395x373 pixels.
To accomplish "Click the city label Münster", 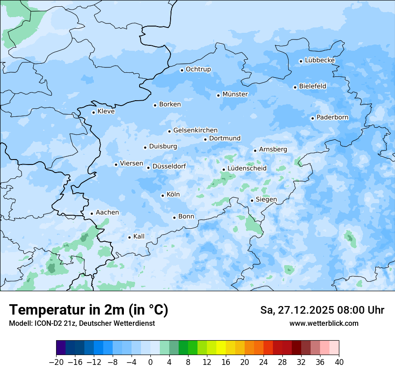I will tap(235, 94).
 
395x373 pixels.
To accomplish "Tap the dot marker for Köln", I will tap(162, 195).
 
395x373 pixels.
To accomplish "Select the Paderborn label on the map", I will tap(332, 118).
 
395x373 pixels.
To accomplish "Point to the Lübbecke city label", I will tap(320, 60).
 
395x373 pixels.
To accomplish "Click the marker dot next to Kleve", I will tap(93, 112).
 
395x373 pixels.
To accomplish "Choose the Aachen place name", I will tap(107, 213).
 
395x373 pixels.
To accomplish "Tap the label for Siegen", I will tap(266, 200).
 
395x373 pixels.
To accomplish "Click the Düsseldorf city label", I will tap(169, 167).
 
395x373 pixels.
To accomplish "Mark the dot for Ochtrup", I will tap(182, 70).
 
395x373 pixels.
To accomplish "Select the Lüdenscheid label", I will tap(247, 169).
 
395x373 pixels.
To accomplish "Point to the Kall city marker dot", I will tap(129, 237).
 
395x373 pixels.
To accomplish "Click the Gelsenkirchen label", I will tap(195, 130).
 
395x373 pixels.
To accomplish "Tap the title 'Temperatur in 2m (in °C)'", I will tap(88, 310).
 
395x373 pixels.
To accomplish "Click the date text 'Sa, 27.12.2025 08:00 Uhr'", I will tap(322, 310).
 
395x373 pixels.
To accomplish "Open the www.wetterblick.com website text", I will tap(324, 324).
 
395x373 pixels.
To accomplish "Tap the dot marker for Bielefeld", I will tap(295, 87).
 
